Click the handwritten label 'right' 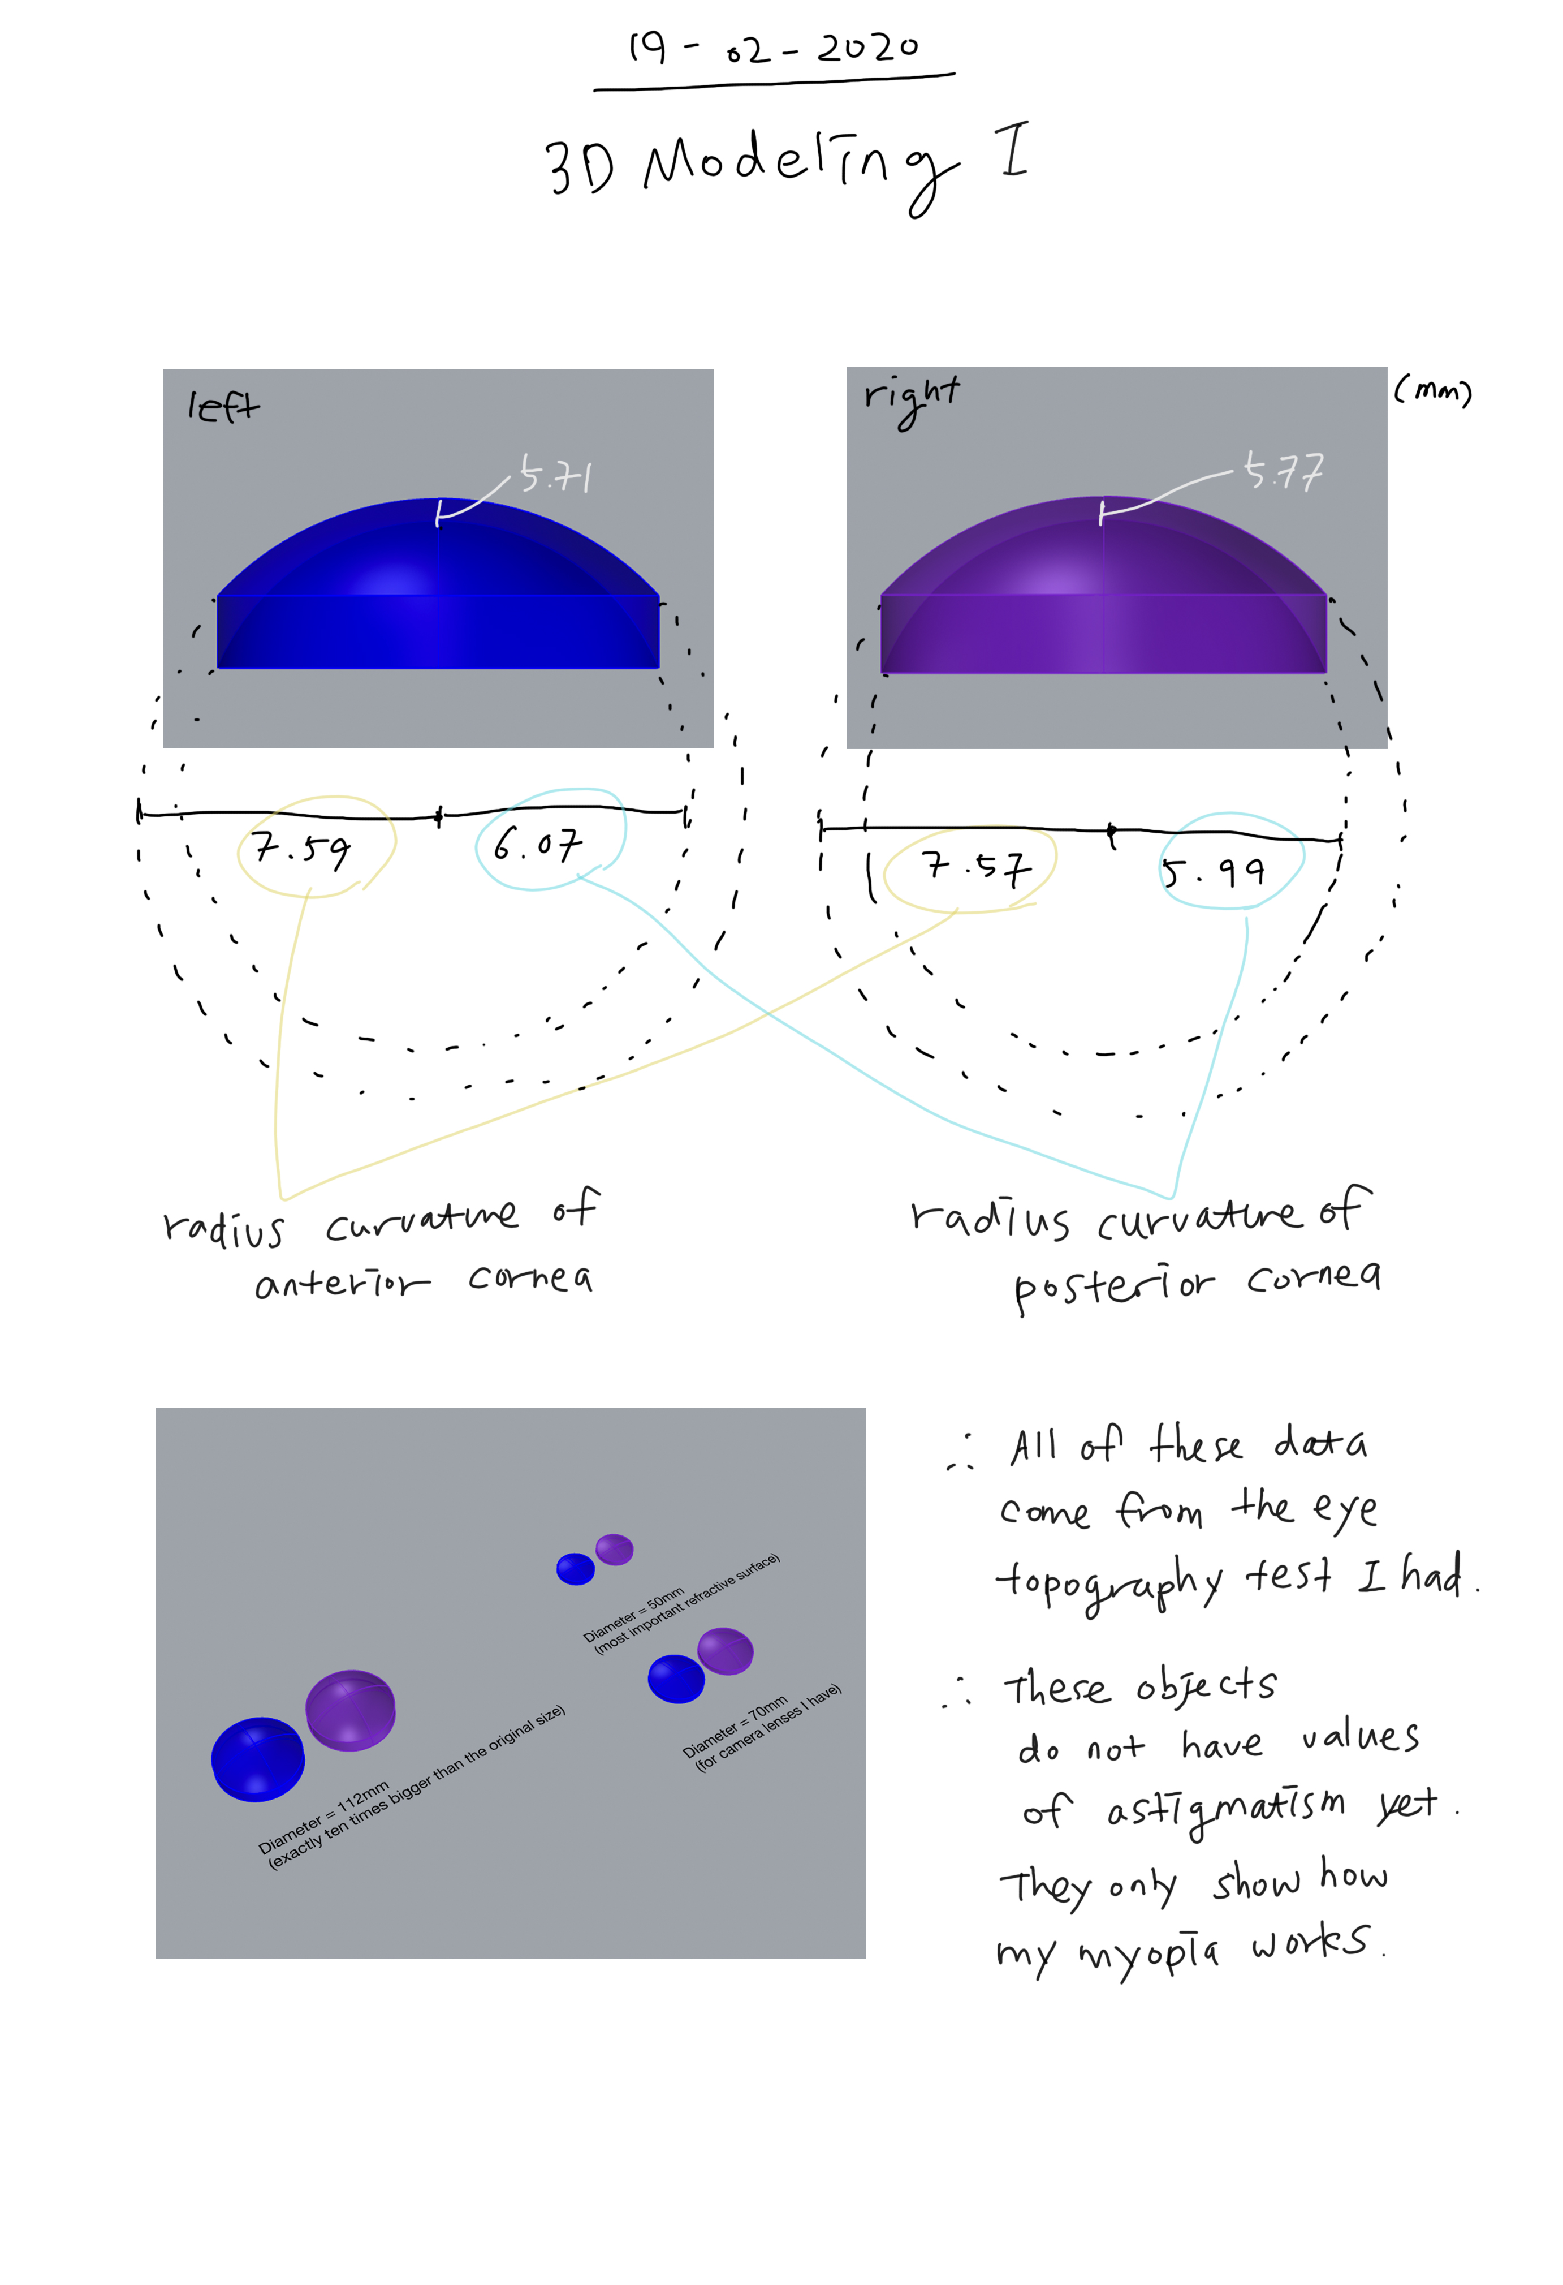[x=910, y=398]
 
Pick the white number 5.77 [x=1283, y=472]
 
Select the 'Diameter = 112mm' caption [x=325, y=1815]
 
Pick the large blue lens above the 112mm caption [x=257, y=1759]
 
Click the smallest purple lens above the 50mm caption [x=614, y=1548]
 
